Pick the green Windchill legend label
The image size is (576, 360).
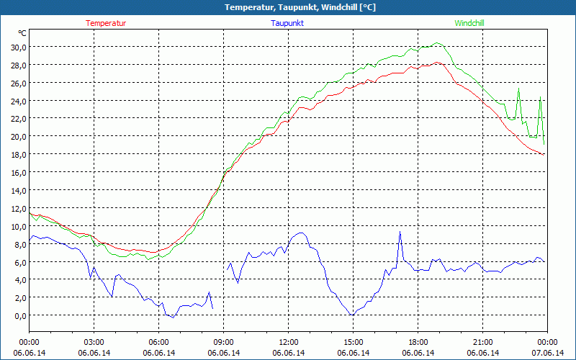tap(469, 23)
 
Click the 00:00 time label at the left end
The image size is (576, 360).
tap(30, 342)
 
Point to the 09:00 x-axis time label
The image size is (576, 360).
tap(224, 342)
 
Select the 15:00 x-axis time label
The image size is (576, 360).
tap(354, 342)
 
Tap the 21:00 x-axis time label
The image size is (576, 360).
tap(483, 342)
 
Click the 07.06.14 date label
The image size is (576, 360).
tap(547, 353)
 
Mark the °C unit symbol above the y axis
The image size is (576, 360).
tap(22, 33)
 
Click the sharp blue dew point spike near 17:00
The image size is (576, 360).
tap(400, 232)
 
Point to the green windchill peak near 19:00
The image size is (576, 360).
tap(437, 43)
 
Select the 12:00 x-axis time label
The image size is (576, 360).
tap(289, 342)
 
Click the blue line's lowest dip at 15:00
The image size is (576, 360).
tap(352, 315)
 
